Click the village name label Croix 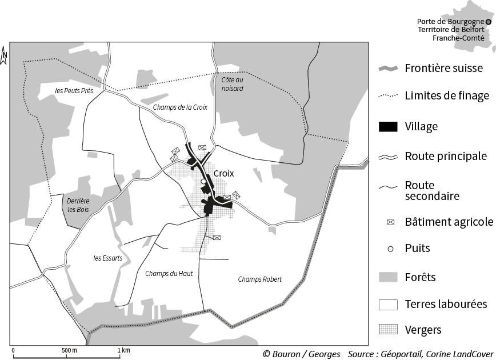[x=223, y=173]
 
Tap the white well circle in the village [x=203, y=182]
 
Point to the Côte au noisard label [x=232, y=84]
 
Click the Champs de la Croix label [x=180, y=107]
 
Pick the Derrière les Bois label [x=79, y=205]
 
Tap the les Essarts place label [x=107, y=258]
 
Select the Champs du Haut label [x=169, y=273]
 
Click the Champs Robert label [x=260, y=279]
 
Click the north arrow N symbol [x=3, y=55]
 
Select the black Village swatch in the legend [x=388, y=126]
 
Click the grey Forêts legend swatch [x=388, y=277]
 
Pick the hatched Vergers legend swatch [x=388, y=330]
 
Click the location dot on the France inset [x=488, y=22]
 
